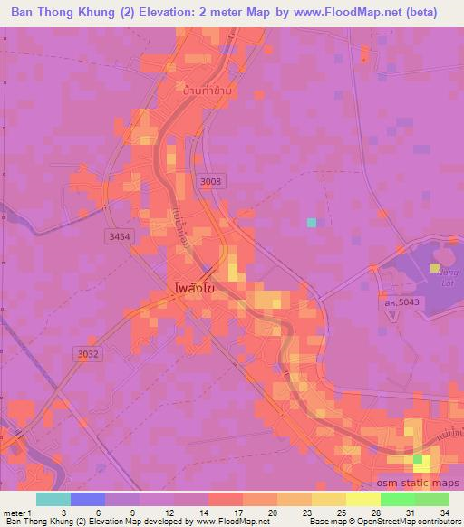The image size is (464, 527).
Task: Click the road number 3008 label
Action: coord(210,181)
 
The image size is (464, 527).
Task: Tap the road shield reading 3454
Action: coord(119,235)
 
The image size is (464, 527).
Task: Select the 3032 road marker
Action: coord(88,354)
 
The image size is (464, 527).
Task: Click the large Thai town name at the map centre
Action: coord(193,290)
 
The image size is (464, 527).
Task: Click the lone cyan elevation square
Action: coord(312,223)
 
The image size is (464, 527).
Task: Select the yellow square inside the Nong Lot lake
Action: coord(435,268)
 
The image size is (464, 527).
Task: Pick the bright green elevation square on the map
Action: coord(420,460)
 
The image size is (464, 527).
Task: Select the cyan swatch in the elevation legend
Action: coord(53,499)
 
